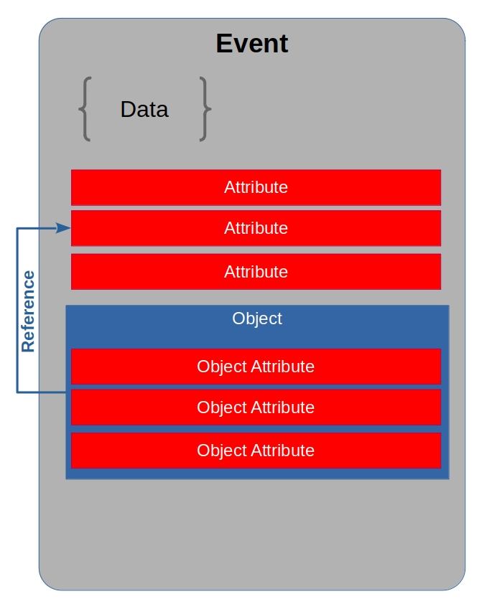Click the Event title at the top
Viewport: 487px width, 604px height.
pyautogui.click(x=252, y=44)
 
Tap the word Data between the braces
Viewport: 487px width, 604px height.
pyautogui.click(x=144, y=109)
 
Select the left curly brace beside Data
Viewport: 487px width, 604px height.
pyautogui.click(x=84, y=109)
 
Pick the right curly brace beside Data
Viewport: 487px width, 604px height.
pyautogui.click(x=205, y=109)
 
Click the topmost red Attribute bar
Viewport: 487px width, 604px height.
pyautogui.click(x=256, y=187)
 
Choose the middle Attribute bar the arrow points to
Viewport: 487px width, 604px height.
pyautogui.click(x=256, y=228)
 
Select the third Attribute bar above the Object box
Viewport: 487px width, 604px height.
pyautogui.click(x=256, y=272)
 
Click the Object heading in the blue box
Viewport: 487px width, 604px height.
pyautogui.click(x=257, y=318)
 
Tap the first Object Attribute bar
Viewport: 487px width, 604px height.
pyautogui.click(x=256, y=367)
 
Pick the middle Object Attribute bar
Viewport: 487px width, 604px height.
pyautogui.click(x=256, y=407)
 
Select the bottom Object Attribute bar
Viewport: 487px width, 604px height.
pyautogui.click(x=256, y=450)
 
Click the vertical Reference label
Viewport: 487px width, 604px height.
pyautogui.click(x=28, y=311)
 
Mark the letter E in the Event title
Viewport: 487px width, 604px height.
pyautogui.click(x=223, y=44)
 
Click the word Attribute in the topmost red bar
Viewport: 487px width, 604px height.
pyautogui.click(x=256, y=187)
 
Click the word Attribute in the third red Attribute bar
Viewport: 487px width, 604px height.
pyautogui.click(x=256, y=272)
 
